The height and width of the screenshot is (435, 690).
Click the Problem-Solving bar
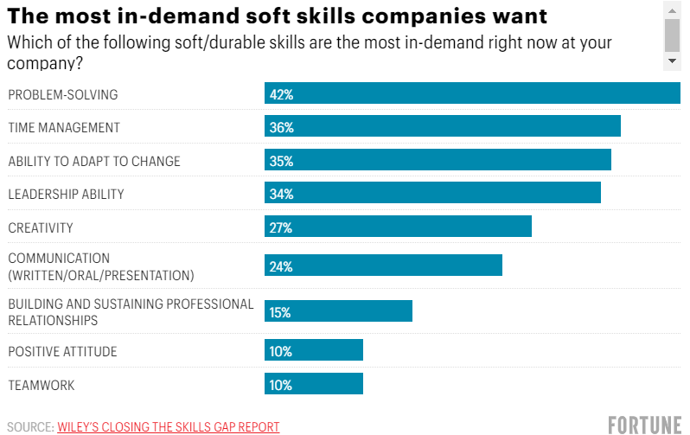point(472,93)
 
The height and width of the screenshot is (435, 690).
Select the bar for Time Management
point(443,126)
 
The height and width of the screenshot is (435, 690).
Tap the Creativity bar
point(398,227)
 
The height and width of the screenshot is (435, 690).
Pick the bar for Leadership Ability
point(432,194)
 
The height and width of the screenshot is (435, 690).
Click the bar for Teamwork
point(314,384)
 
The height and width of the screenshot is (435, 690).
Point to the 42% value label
point(282,94)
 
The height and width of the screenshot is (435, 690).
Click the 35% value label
point(282,161)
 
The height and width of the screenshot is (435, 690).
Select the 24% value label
point(282,266)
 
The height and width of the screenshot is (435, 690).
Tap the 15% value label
point(280,312)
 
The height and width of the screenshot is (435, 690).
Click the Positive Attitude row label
point(62,351)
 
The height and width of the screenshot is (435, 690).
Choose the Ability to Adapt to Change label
point(94,161)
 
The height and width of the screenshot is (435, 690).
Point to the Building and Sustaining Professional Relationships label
point(131,312)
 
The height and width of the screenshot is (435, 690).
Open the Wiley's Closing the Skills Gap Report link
point(169,426)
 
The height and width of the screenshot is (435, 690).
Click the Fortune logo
point(644,425)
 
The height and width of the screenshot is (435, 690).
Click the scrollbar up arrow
point(672,9)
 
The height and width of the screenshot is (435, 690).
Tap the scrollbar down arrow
point(672,61)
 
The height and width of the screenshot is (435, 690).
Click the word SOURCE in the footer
point(29,426)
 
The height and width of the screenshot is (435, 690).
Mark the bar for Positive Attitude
point(314,350)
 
